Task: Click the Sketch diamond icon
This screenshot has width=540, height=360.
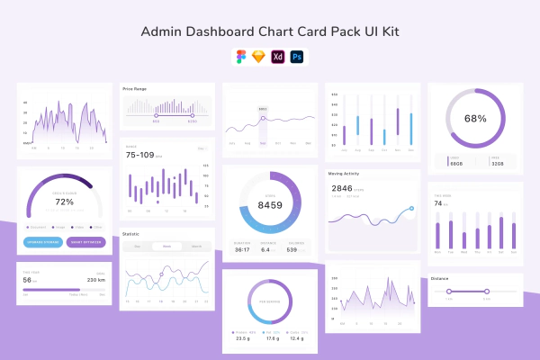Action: [x=259, y=56]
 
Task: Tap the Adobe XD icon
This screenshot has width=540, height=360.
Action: [x=279, y=56]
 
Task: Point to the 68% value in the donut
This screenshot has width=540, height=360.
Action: [x=475, y=118]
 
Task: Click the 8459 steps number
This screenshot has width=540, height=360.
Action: [x=270, y=205]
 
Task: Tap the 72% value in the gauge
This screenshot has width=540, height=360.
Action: [x=65, y=202]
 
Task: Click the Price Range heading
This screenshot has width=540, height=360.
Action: [x=135, y=88]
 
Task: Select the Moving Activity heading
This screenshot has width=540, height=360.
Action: [x=345, y=174]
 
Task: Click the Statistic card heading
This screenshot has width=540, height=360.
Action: [x=131, y=234]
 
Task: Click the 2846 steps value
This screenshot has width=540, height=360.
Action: [x=342, y=188]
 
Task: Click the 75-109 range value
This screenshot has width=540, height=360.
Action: [x=140, y=155]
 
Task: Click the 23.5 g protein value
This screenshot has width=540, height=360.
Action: [x=243, y=338]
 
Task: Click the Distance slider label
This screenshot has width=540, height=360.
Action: [x=440, y=278]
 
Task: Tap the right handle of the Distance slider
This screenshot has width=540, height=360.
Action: [x=487, y=291]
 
